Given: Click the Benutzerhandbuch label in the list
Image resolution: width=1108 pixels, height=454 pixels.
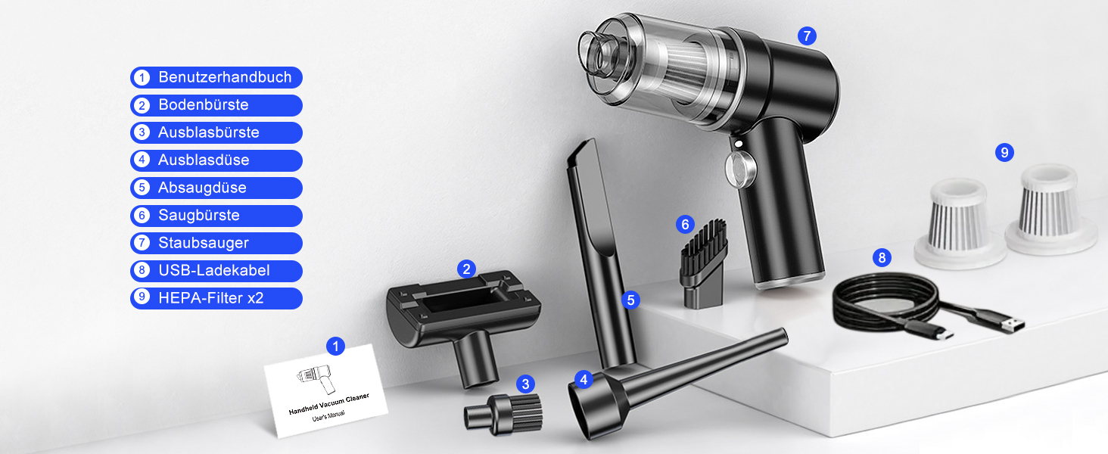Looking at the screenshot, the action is pyautogui.click(x=216, y=77).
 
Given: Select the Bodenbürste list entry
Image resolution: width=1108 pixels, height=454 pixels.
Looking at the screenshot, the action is pyautogui.click(x=216, y=105).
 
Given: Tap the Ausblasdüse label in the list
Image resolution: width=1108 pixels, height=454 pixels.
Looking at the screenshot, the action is pyautogui.click(x=216, y=160).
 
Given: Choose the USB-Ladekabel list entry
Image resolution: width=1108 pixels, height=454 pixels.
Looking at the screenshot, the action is pyautogui.click(x=216, y=271).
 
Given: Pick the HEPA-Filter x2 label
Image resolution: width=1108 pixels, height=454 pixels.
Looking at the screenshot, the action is pyautogui.click(x=216, y=298).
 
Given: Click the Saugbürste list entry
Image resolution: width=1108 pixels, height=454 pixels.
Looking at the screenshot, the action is pyautogui.click(x=216, y=216).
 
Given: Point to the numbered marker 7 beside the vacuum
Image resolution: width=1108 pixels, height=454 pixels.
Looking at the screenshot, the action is pyautogui.click(x=807, y=36).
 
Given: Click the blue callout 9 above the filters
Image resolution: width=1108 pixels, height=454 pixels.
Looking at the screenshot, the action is pyautogui.click(x=1004, y=152).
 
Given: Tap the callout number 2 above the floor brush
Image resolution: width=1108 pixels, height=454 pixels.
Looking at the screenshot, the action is pyautogui.click(x=466, y=269).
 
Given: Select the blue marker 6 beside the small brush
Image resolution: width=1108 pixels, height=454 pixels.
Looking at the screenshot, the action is pyautogui.click(x=685, y=225).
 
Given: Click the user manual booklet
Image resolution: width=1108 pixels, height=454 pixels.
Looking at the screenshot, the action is pyautogui.click(x=326, y=390).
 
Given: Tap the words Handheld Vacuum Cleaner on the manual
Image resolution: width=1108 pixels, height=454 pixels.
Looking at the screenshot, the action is pyautogui.click(x=329, y=404).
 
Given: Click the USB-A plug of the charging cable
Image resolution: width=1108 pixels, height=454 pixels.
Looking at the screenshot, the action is pyautogui.click(x=1009, y=325).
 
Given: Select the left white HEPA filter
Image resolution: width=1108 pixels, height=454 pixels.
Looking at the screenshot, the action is pyautogui.click(x=959, y=223).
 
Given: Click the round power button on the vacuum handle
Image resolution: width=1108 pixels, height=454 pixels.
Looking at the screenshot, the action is pyautogui.click(x=740, y=169).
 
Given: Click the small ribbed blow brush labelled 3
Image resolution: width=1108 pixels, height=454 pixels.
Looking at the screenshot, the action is pyautogui.click(x=503, y=415).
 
